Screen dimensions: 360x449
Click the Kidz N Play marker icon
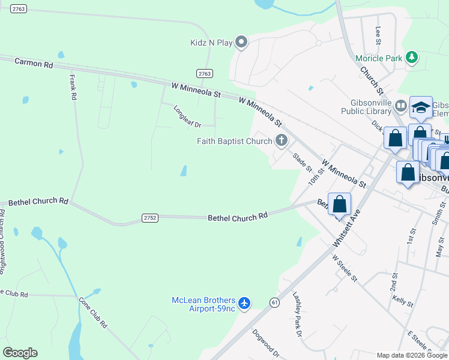click(x=241, y=41)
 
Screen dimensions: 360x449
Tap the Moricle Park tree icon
click(x=412, y=58)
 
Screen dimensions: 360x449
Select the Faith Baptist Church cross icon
click(x=281, y=142)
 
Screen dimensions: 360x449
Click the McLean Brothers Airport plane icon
click(x=244, y=304)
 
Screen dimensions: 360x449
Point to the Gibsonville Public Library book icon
click(x=400, y=106)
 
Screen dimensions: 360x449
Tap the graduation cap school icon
click(x=421, y=107)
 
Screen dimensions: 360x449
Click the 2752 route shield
click(x=150, y=218)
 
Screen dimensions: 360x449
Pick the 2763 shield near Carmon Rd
click(x=205, y=73)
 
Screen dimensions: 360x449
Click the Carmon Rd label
click(x=34, y=62)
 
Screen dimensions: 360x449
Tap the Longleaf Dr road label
click(x=186, y=116)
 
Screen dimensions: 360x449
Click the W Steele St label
click(x=345, y=268)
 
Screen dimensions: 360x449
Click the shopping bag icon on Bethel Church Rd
click(x=339, y=204)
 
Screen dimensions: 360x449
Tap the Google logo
click(x=20, y=353)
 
